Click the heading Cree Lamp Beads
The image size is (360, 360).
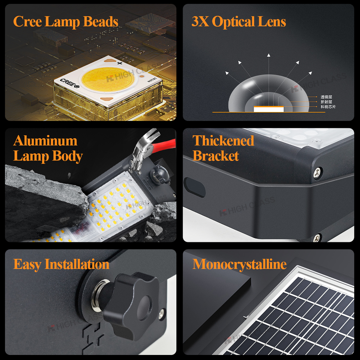(66, 22)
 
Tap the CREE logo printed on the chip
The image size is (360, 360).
(68, 81)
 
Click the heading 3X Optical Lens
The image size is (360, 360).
(239, 22)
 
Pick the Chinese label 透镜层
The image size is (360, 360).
(327, 97)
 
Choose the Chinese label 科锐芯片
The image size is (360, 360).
(328, 107)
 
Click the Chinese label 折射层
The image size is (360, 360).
(327, 102)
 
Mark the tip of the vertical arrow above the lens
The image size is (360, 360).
(269, 55)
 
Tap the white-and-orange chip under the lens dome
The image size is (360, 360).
(269, 109)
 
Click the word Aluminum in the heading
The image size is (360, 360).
(45, 140)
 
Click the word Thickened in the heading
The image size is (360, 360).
(223, 140)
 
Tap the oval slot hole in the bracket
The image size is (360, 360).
(194, 187)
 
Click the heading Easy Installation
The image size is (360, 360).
(61, 264)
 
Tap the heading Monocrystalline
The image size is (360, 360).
(239, 264)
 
